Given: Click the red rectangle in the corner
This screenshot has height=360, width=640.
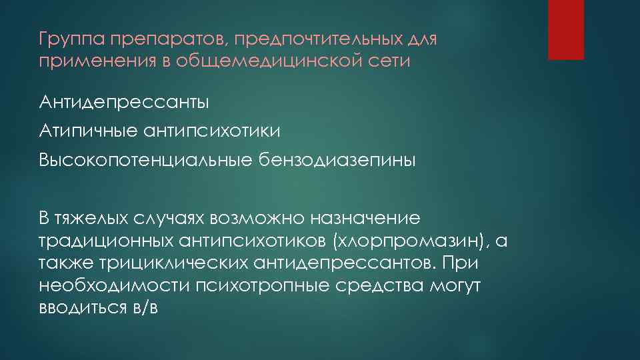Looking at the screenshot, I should point(565,29).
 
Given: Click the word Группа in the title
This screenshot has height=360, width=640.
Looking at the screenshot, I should point(65,41).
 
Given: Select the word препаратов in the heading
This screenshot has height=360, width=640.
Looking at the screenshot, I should point(151,41).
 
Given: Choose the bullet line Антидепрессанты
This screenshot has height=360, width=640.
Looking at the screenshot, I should point(123,103).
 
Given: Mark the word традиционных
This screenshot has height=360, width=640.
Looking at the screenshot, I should point(106,241).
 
